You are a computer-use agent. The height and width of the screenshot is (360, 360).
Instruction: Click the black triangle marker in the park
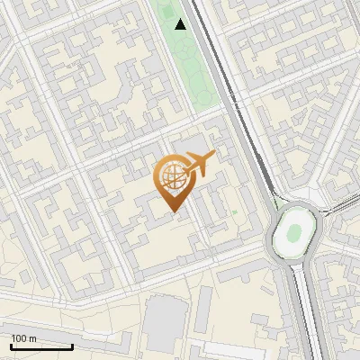[x=181, y=24]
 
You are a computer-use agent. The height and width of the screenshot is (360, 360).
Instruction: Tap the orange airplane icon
[x=200, y=165]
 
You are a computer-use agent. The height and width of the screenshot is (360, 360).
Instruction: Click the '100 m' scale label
[x=24, y=338]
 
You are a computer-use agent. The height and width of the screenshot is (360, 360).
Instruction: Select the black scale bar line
[x=40, y=347]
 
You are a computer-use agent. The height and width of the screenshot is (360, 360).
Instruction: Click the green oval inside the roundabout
[x=293, y=234]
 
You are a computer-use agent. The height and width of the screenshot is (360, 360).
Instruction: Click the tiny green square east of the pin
[x=234, y=212]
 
